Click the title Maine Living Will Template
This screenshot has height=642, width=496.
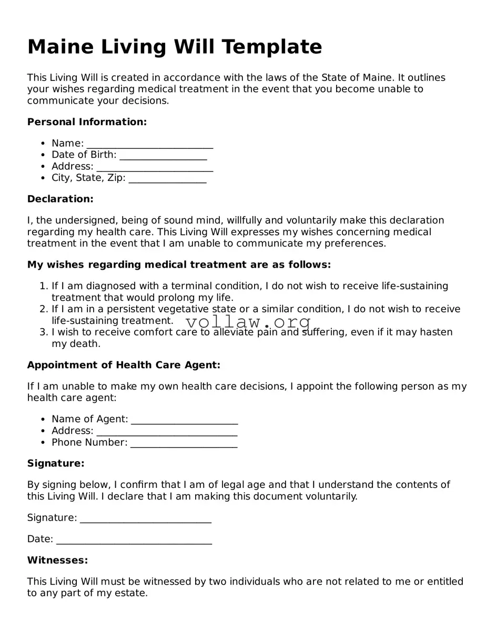[x=174, y=47]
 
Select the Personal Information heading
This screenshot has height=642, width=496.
[x=87, y=122]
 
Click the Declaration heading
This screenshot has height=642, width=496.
[x=60, y=199]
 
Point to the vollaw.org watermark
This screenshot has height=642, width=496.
[x=248, y=322]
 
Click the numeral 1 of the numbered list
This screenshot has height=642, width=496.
[x=43, y=286]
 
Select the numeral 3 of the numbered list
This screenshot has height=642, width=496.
[x=43, y=332]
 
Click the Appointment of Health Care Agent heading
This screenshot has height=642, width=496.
[x=124, y=365]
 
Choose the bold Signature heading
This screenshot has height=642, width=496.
[x=56, y=463]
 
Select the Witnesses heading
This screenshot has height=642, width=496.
[x=57, y=560]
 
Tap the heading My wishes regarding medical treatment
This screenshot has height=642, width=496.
[x=179, y=264]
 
